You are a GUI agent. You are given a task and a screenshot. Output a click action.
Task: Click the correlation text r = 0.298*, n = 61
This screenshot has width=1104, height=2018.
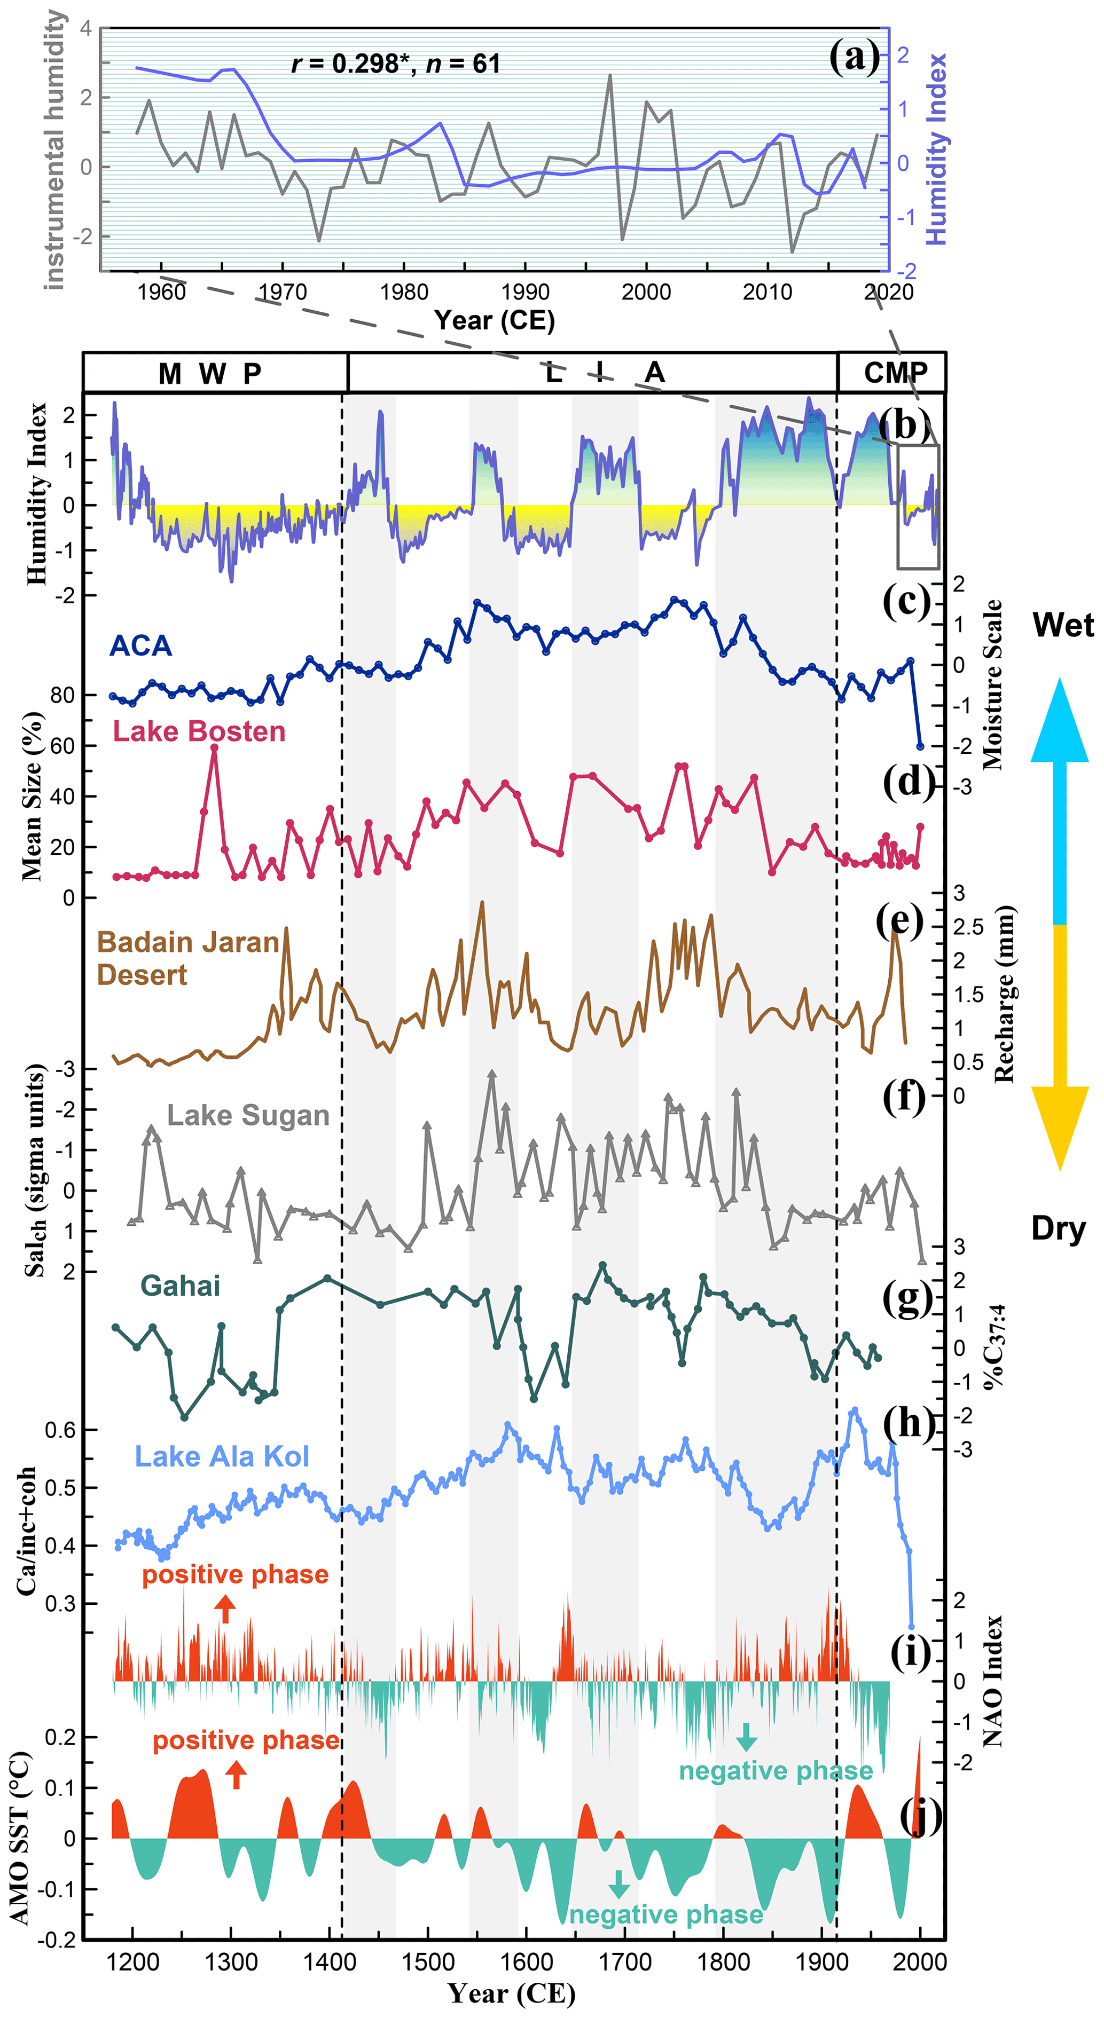tap(396, 64)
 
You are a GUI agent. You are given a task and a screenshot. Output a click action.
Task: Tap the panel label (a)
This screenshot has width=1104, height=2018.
tap(854, 57)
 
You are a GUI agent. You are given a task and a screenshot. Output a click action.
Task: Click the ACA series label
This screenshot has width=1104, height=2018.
tap(140, 645)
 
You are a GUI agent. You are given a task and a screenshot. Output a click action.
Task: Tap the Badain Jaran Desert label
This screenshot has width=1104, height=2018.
tap(187, 958)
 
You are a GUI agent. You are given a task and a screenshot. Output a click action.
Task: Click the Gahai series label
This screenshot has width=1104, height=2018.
tap(180, 1286)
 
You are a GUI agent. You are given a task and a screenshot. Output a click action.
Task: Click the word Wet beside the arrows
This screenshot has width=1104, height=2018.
tap(1062, 625)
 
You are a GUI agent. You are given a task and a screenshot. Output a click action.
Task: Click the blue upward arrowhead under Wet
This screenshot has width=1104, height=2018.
tap(1059, 721)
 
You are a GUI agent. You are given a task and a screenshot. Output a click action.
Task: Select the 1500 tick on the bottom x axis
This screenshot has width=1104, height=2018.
tap(428, 1962)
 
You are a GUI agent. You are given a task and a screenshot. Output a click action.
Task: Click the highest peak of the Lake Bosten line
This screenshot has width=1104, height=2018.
tap(214, 748)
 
